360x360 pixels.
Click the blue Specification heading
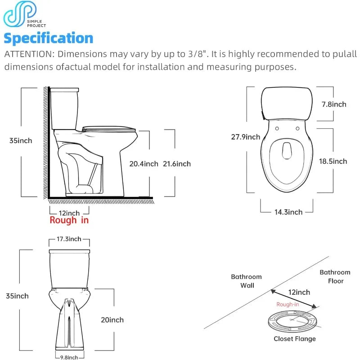(x=48, y=38)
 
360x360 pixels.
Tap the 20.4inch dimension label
(x=144, y=164)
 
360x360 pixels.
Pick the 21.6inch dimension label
(x=176, y=164)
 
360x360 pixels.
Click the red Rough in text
(x=69, y=220)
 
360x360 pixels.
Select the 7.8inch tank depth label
(x=334, y=104)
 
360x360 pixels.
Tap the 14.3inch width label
(x=288, y=211)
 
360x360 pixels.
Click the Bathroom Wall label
(x=246, y=281)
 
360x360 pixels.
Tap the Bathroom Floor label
(x=335, y=276)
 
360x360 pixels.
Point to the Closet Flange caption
(x=295, y=339)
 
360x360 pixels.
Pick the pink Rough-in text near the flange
(x=288, y=305)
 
